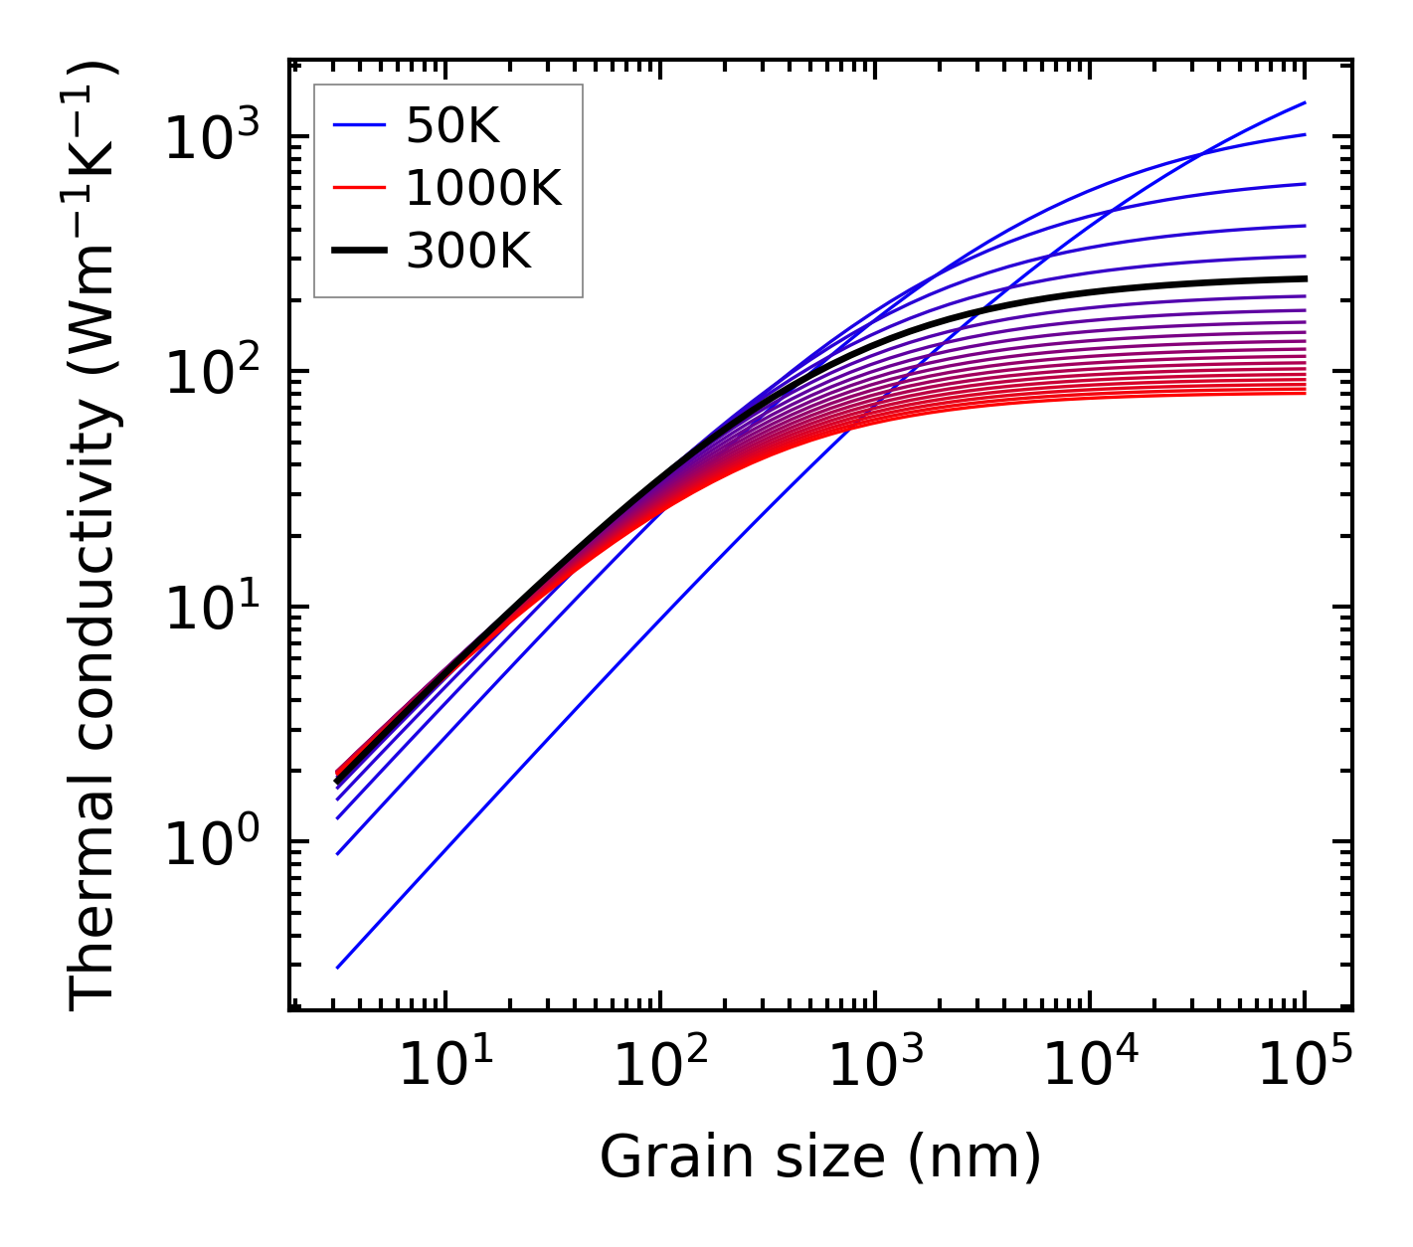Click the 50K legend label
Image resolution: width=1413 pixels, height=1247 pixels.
click(x=452, y=126)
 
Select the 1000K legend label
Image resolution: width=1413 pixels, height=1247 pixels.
click(x=483, y=189)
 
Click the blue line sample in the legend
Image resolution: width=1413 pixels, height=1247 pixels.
click(x=358, y=126)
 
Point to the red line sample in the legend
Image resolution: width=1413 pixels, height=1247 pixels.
click(x=358, y=189)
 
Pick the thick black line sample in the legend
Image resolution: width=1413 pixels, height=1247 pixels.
click(x=358, y=252)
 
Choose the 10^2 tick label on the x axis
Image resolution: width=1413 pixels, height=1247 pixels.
click(x=659, y=1066)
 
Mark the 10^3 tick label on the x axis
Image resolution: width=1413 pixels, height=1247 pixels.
click(x=874, y=1066)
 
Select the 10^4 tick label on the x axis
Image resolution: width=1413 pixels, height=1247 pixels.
click(x=1089, y=1066)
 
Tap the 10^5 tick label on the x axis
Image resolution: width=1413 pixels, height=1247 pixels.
click(x=1304, y=1066)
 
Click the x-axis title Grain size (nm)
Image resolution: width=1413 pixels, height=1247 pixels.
click(x=820, y=1158)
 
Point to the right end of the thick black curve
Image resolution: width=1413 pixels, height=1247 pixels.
click(x=1305, y=278)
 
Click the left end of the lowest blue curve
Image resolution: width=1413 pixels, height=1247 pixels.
click(x=338, y=967)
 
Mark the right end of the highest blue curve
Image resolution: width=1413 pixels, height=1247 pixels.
click(x=1305, y=102)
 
